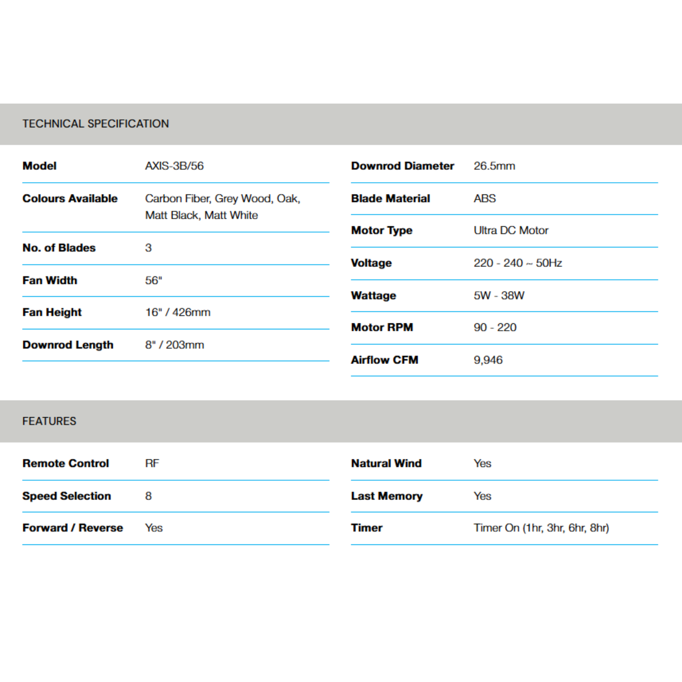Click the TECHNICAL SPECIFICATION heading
click(96, 124)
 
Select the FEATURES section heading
click(49, 421)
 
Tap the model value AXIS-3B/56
click(174, 166)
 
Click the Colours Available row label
click(70, 198)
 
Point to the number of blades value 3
click(148, 248)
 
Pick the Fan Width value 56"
click(154, 280)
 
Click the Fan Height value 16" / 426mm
click(177, 312)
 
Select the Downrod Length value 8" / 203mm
click(174, 345)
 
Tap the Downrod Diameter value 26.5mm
click(494, 166)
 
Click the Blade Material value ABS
click(485, 198)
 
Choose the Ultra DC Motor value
click(511, 230)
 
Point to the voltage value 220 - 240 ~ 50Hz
click(517, 263)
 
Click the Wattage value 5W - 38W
click(499, 295)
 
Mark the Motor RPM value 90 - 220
click(495, 327)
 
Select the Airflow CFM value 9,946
click(488, 360)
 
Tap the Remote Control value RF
click(152, 463)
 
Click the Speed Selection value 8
click(148, 496)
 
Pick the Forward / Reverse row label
click(73, 528)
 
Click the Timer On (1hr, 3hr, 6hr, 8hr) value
click(541, 528)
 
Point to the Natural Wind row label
click(386, 463)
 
